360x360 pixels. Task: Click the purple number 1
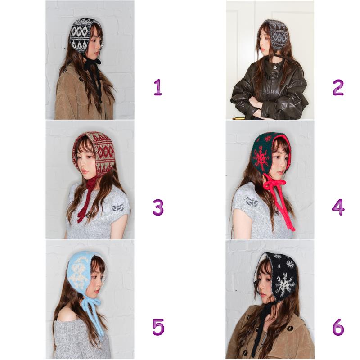[x=158, y=87]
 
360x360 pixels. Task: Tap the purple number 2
[x=338, y=87]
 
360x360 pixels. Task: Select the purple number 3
[x=158, y=207]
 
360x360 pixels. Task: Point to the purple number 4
[x=338, y=207]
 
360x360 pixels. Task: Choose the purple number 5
[x=158, y=327]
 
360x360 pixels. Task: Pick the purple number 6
[x=338, y=327]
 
